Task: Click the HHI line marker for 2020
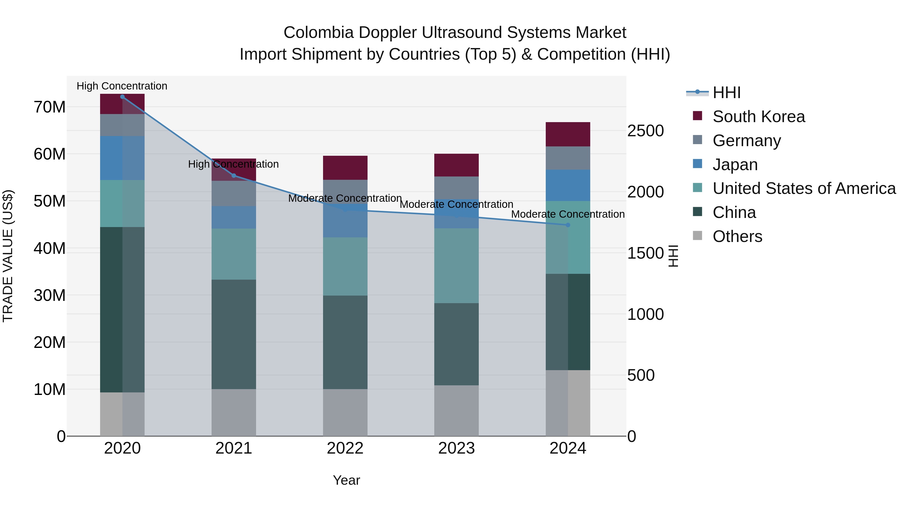(122, 97)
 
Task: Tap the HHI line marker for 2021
(234, 176)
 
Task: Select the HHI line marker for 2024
(568, 225)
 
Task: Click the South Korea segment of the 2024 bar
(568, 134)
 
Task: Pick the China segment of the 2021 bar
(234, 334)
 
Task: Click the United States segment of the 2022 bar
(345, 266)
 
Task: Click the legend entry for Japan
(735, 165)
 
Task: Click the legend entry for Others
(737, 236)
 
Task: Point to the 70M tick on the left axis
(50, 107)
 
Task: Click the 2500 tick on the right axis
(645, 131)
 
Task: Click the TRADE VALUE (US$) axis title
(8, 256)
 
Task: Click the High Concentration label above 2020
(122, 86)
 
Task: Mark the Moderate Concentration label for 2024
(568, 214)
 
